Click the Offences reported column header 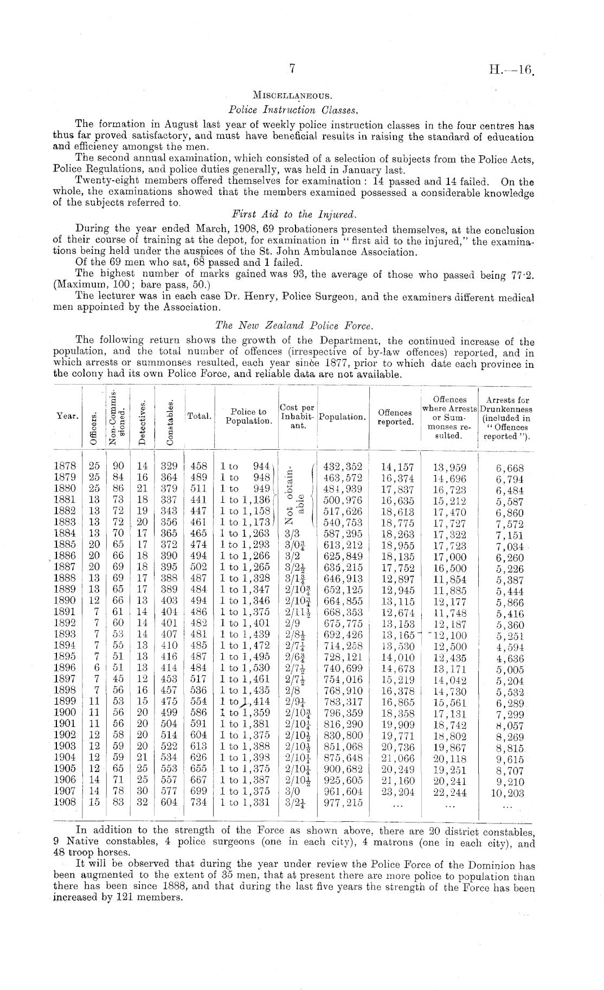click(x=395, y=417)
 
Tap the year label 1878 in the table click(x=66, y=466)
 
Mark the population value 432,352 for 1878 click(x=343, y=467)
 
